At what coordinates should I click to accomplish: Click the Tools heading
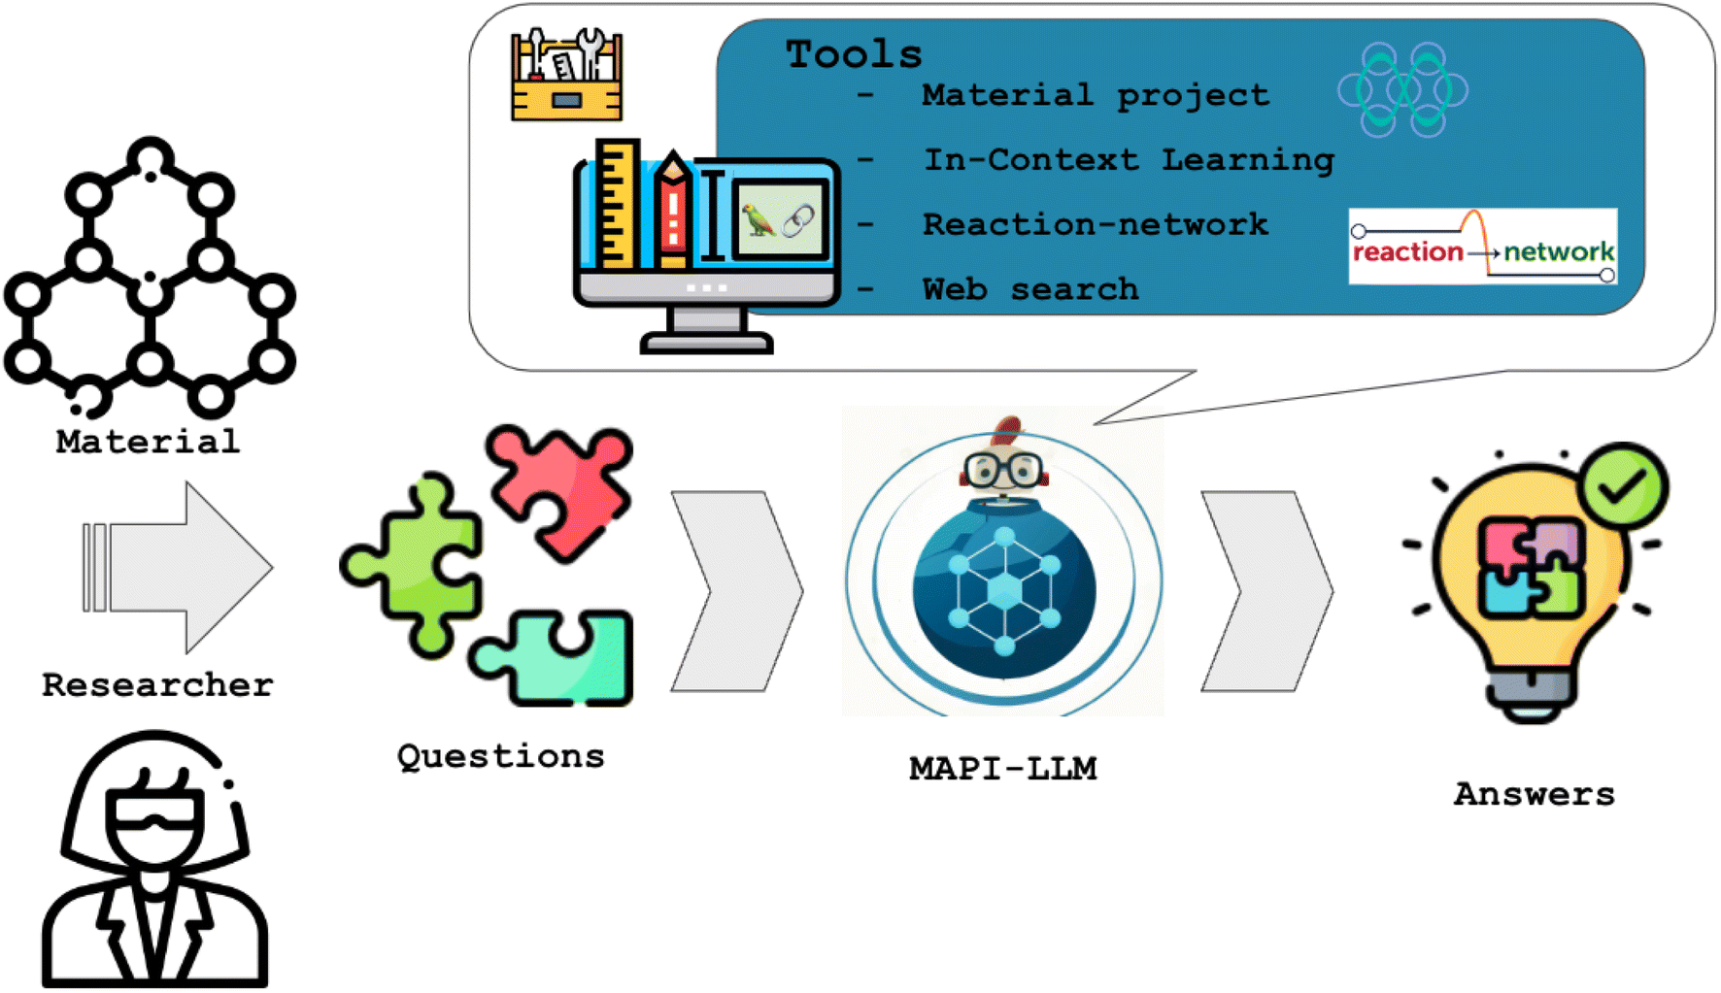pyautogui.click(x=854, y=54)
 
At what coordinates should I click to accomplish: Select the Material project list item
pyautogui.click(x=1095, y=95)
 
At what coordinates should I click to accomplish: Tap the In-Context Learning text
pyautogui.click(x=1129, y=159)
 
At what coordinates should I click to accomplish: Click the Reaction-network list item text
pyautogui.click(x=1095, y=224)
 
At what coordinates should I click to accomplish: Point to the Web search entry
pyautogui.click(x=1029, y=288)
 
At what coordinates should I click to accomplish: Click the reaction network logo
pyautogui.click(x=1483, y=247)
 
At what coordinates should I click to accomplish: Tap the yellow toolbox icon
pyautogui.click(x=566, y=76)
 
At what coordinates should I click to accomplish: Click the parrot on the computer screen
pyautogui.click(x=757, y=220)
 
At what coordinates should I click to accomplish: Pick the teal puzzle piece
pyautogui.click(x=556, y=656)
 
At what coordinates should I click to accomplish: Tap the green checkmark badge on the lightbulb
pyautogui.click(x=1622, y=485)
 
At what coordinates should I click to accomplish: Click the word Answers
pyautogui.click(x=1535, y=794)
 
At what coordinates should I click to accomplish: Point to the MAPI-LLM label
pyautogui.click(x=1003, y=769)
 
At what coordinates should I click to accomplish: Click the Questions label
pyautogui.click(x=500, y=756)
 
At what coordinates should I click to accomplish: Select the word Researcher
pyautogui.click(x=157, y=684)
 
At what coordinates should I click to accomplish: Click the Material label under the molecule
pyautogui.click(x=148, y=442)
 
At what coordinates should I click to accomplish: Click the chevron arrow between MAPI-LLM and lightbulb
pyautogui.click(x=1266, y=591)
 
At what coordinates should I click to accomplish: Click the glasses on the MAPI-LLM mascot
pyautogui.click(x=1003, y=470)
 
